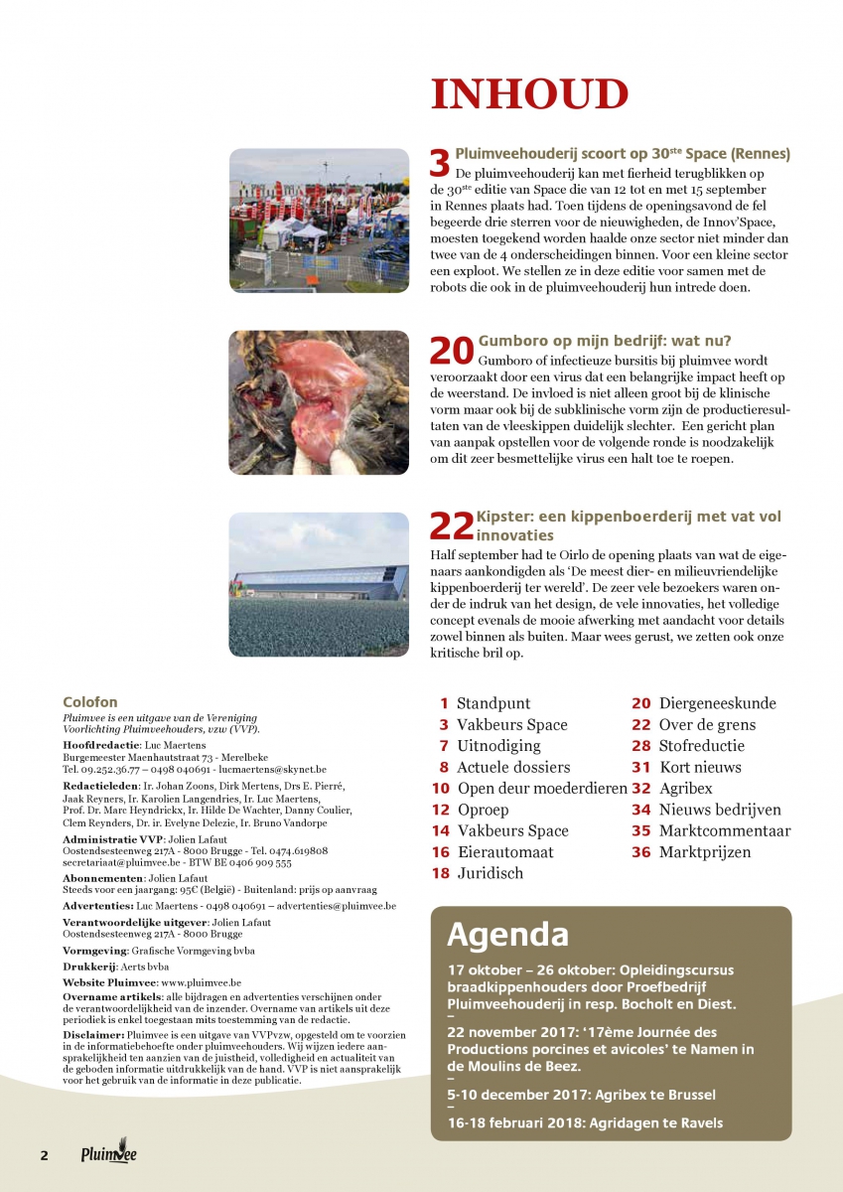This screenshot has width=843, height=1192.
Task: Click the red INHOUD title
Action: [x=529, y=95]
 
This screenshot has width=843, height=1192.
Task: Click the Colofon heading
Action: [x=89, y=702]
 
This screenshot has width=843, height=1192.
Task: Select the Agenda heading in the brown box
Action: [x=507, y=935]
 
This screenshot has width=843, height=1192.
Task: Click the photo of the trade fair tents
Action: [x=319, y=220]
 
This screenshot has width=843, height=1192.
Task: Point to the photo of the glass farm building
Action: [x=319, y=584]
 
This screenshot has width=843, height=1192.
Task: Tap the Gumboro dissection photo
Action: [x=319, y=401]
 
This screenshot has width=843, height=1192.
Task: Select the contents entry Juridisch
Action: [x=490, y=874]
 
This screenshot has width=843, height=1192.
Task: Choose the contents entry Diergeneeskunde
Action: [x=717, y=703]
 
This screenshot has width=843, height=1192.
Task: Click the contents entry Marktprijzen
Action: [x=705, y=852]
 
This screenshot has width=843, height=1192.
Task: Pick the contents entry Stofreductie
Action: [x=701, y=746]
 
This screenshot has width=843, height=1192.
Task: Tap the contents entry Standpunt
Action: [x=493, y=703]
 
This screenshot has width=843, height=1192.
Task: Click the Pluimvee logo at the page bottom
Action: [x=109, y=1154]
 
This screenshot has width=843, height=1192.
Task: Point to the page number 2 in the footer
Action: [x=44, y=1155]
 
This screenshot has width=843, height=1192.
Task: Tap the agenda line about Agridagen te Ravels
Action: [x=585, y=1123]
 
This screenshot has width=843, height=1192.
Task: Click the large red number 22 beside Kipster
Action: [x=452, y=526]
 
